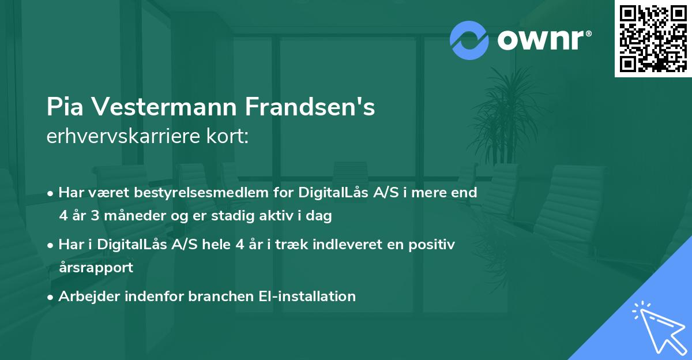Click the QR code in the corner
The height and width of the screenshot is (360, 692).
[x=653, y=39]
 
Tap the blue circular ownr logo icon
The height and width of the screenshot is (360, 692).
[x=469, y=40]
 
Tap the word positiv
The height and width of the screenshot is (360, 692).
[x=434, y=245]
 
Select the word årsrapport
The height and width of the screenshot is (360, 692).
[x=96, y=267]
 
